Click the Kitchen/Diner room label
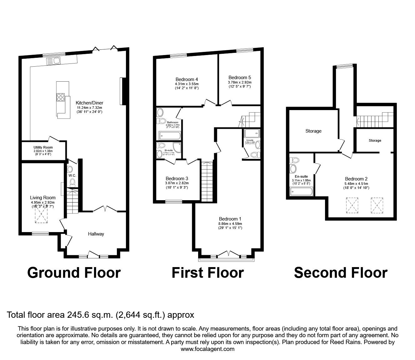[89, 103]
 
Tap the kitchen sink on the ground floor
[54, 61]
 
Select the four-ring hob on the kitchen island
[61, 98]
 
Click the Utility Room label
[43, 147]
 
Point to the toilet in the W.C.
[72, 182]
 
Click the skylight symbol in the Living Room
[42, 215]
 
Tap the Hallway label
[96, 234]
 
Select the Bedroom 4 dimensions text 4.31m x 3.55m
[187, 84]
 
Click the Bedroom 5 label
[240, 78]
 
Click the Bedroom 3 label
[177, 179]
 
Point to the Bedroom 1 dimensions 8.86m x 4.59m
[230, 224]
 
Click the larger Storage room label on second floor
[313, 131]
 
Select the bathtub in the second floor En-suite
[301, 191]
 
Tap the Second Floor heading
[341, 273]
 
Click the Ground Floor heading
[74, 273]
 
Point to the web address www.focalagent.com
[207, 349]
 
